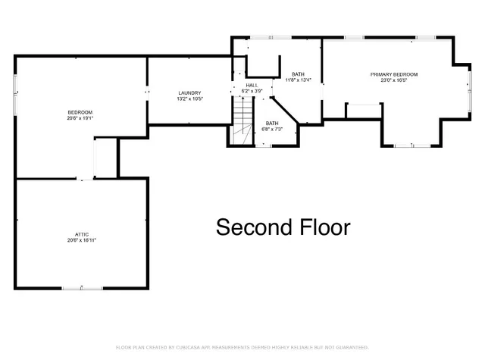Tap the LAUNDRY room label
189,92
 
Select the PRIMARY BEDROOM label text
393,74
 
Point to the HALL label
252,85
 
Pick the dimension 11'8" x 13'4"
298,80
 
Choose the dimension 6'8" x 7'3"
272,129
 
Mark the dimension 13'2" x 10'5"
189,99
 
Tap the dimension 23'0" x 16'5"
393,80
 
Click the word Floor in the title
322,227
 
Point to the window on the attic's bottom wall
74,288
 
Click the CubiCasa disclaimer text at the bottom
242,347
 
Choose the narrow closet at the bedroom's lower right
104,159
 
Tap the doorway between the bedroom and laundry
147,92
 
